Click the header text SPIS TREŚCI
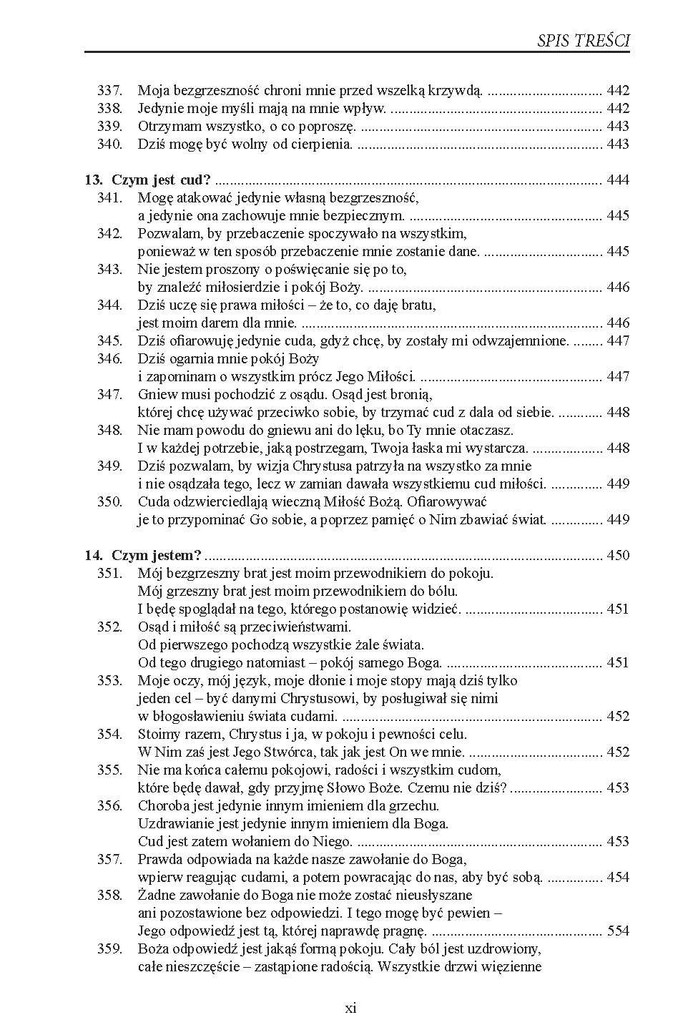click(x=583, y=41)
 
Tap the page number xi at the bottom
click(x=350, y=1009)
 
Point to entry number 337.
click(x=110, y=91)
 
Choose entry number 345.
click(x=110, y=341)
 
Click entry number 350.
click(x=110, y=502)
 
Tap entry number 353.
click(x=110, y=681)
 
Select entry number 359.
click(x=110, y=949)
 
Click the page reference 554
click(x=618, y=931)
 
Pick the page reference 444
click(x=618, y=180)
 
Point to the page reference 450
click(x=618, y=556)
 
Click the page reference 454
click(x=618, y=878)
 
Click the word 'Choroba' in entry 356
click(x=162, y=806)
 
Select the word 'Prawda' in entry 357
click(x=159, y=860)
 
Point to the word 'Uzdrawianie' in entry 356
click(x=174, y=824)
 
